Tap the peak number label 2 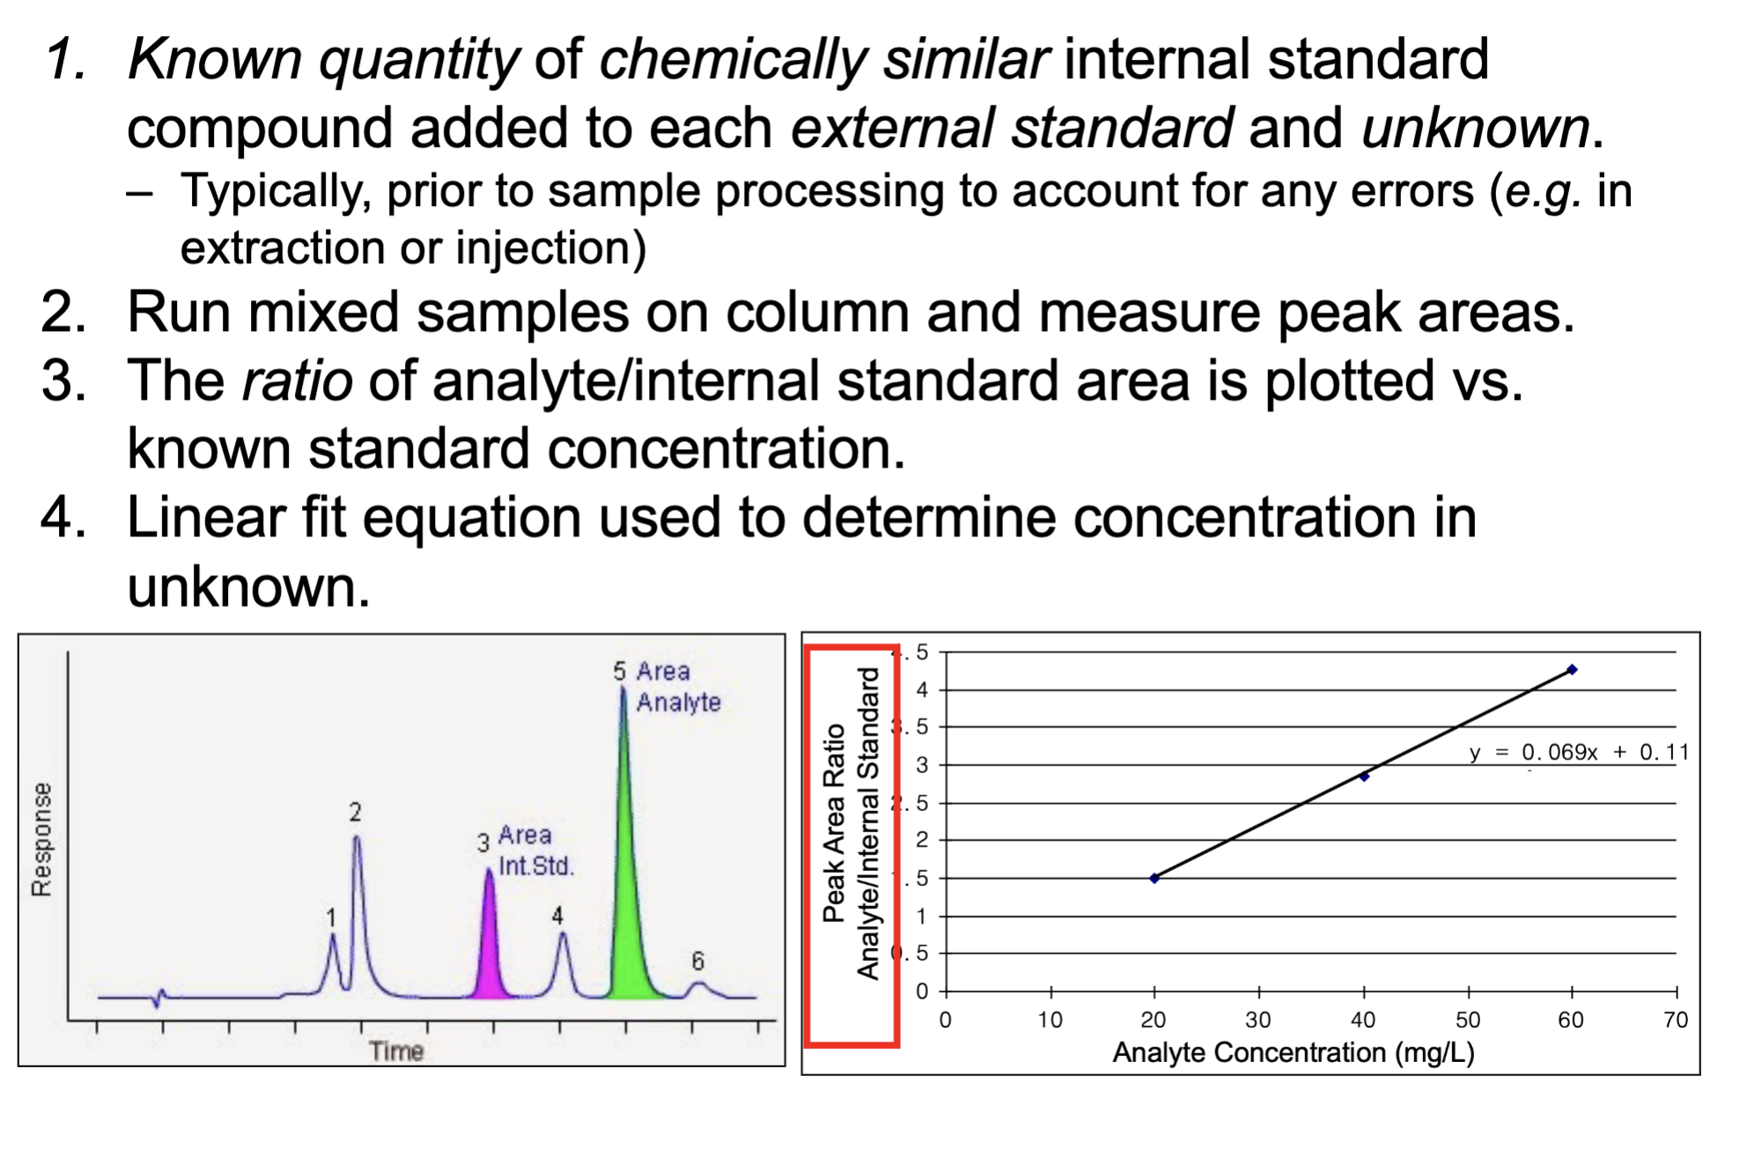click(355, 812)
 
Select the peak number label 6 click(697, 961)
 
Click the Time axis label click(395, 1050)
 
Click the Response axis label click(41, 838)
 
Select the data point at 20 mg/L click(1154, 878)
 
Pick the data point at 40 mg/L click(1364, 777)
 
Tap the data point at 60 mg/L click(1573, 670)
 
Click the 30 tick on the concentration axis click(1257, 1020)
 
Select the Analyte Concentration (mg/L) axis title click(1293, 1052)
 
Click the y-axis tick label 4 click(922, 689)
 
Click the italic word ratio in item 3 click(297, 381)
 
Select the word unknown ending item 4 click(247, 587)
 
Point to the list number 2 click(63, 313)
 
